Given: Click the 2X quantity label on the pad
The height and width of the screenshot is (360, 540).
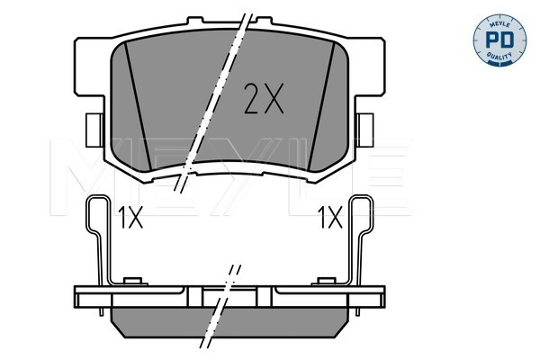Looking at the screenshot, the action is pyautogui.click(x=264, y=98).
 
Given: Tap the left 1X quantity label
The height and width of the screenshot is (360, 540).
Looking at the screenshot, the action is pyautogui.click(x=130, y=218).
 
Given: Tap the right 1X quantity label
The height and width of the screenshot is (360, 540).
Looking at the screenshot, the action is pyautogui.click(x=330, y=218).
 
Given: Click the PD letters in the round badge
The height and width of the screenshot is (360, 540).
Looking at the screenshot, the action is pyautogui.click(x=499, y=40).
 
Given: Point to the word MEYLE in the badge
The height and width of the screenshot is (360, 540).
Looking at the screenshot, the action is pyautogui.click(x=499, y=22).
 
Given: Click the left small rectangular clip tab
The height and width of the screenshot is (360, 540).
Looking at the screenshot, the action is pyautogui.click(x=94, y=130).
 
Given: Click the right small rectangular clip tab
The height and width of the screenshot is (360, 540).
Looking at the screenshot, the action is pyautogui.click(x=365, y=130).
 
